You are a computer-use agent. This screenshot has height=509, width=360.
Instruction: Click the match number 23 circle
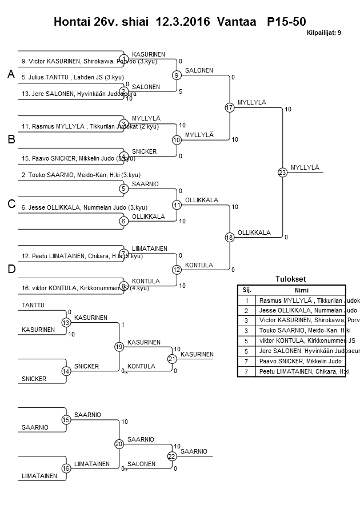pos(282,172)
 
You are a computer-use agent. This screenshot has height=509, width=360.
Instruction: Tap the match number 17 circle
pos(230,107)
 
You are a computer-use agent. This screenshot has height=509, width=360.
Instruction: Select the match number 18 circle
pos(230,237)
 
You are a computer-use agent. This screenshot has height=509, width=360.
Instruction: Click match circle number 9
pos(177,75)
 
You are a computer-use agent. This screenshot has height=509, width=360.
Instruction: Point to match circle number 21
pos(171,359)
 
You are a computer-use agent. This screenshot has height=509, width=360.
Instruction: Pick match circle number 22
pos(171,456)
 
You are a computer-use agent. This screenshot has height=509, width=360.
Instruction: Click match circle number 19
pos(119,346)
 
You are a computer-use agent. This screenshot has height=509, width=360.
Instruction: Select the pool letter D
pos(11,268)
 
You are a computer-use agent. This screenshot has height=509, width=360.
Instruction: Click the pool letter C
pos(11,204)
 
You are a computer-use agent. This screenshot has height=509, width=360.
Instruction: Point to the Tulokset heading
pos(290,279)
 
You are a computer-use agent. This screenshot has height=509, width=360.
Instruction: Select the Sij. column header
pos(247,290)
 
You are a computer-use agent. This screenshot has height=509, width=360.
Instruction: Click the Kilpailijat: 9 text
pos(324,33)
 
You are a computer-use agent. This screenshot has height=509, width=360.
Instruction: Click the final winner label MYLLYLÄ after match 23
pos(305,167)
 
